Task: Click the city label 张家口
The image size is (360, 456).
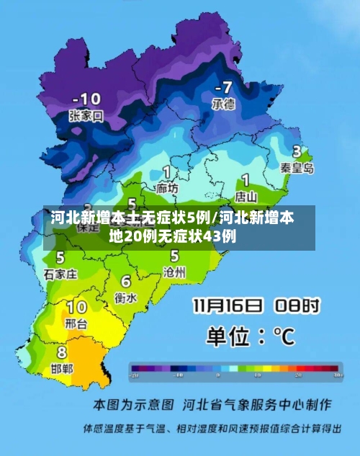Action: click(86, 115)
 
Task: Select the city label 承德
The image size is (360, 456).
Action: click(222, 104)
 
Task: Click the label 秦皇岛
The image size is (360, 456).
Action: click(297, 168)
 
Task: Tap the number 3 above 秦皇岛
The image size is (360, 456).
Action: click(296, 152)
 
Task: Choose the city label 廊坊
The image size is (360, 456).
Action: click(167, 188)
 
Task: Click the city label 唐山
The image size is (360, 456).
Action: click(246, 195)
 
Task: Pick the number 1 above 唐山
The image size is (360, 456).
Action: click(246, 179)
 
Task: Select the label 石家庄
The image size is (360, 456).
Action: click(60, 274)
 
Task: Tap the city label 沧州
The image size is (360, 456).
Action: click(175, 272)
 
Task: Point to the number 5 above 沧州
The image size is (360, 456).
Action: click(175, 255)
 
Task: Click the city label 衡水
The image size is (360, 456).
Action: click(125, 297)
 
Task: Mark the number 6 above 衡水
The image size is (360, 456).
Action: click(126, 281)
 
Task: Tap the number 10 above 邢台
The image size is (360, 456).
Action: click(76, 308)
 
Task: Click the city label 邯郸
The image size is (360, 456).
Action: click(61, 368)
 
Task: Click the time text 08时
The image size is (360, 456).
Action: click(297, 305)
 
